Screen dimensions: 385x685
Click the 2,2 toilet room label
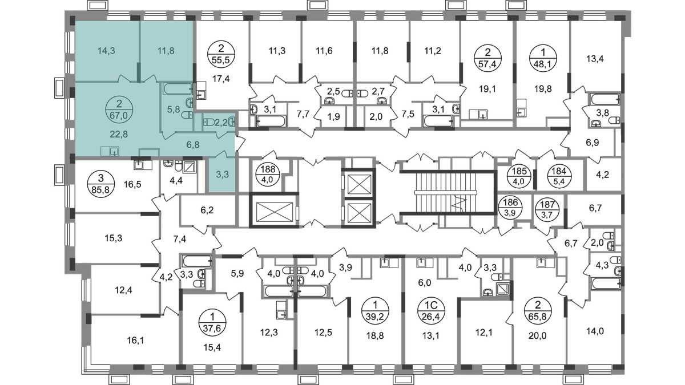(x=220, y=122)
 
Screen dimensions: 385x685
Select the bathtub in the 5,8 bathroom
(x=178, y=88)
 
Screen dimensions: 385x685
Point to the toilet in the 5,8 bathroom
(x=186, y=115)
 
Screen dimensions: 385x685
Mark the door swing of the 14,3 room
(x=123, y=79)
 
